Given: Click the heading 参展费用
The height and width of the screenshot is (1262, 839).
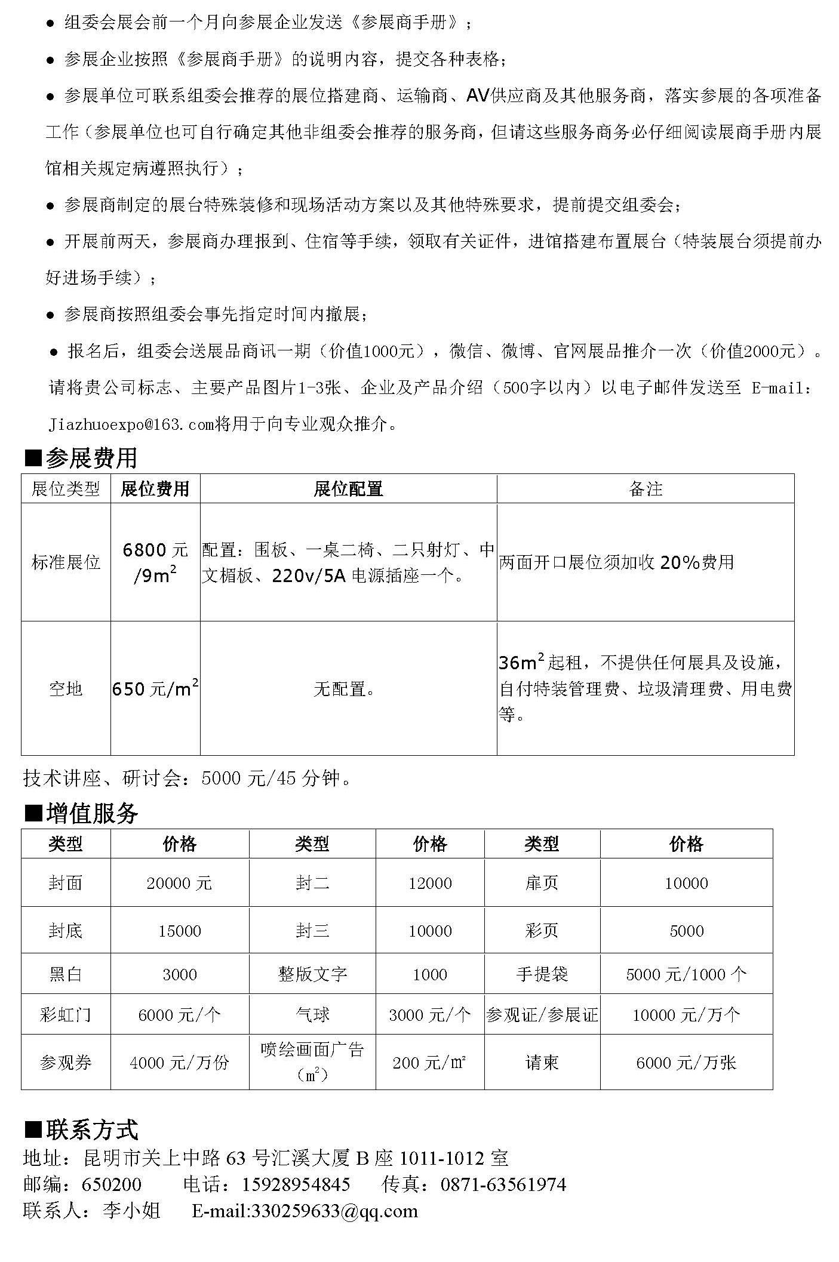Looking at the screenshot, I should (91, 458).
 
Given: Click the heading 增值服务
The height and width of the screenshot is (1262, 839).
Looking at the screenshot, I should (92, 813).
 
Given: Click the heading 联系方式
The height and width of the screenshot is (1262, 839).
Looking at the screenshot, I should (92, 1129).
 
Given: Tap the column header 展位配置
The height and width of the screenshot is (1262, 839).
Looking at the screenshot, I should (348, 489).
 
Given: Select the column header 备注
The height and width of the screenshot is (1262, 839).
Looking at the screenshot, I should (646, 489).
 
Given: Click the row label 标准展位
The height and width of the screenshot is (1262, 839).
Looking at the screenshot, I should (66, 562).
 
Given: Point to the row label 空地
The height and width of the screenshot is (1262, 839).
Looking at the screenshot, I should (66, 688).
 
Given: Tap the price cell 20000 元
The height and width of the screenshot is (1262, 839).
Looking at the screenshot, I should (179, 883).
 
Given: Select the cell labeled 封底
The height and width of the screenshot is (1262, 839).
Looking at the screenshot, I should (66, 931).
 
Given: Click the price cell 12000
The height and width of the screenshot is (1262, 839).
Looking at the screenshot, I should (430, 883).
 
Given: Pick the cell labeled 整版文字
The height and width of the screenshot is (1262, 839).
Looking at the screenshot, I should (312, 974).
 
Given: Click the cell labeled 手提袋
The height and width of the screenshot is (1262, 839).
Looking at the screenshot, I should (542, 974).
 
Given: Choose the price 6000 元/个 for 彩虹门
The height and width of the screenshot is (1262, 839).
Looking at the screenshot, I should (179, 1015).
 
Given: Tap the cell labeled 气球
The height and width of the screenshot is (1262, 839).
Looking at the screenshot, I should (312, 1015).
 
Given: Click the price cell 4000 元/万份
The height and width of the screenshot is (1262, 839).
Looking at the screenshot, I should (179, 1063).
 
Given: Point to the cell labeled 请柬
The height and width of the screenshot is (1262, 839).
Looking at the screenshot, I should (542, 1063).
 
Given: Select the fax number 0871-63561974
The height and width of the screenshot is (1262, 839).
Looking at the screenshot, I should (503, 1184).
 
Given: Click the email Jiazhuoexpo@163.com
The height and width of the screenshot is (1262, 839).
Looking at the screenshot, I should (131, 424).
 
